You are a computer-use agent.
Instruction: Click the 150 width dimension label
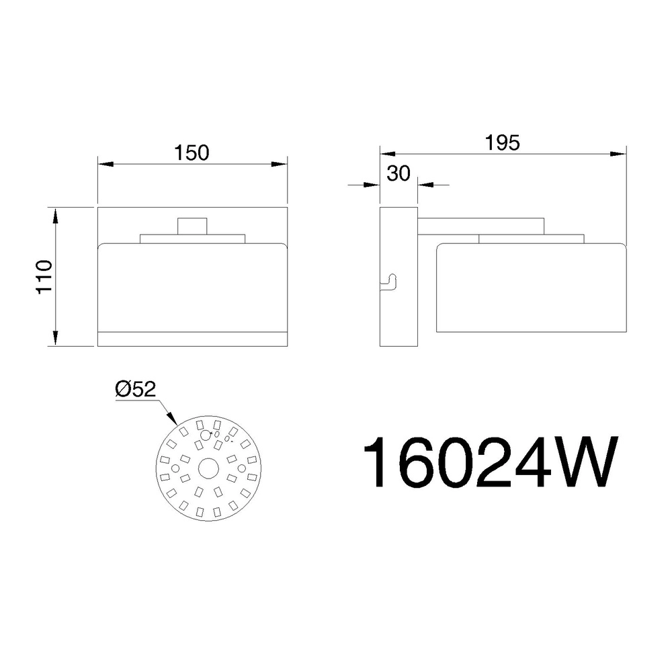coord(192,153)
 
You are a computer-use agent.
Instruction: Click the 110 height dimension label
coord(44,276)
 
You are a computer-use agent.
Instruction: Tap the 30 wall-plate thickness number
coord(398,173)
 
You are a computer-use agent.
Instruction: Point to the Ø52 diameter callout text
coord(136,389)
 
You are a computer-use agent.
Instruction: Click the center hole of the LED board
coord(209,468)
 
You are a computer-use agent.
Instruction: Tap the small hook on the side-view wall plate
coord(388,282)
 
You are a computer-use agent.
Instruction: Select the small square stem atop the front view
coord(192,226)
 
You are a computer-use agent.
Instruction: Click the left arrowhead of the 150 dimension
coord(106,164)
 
